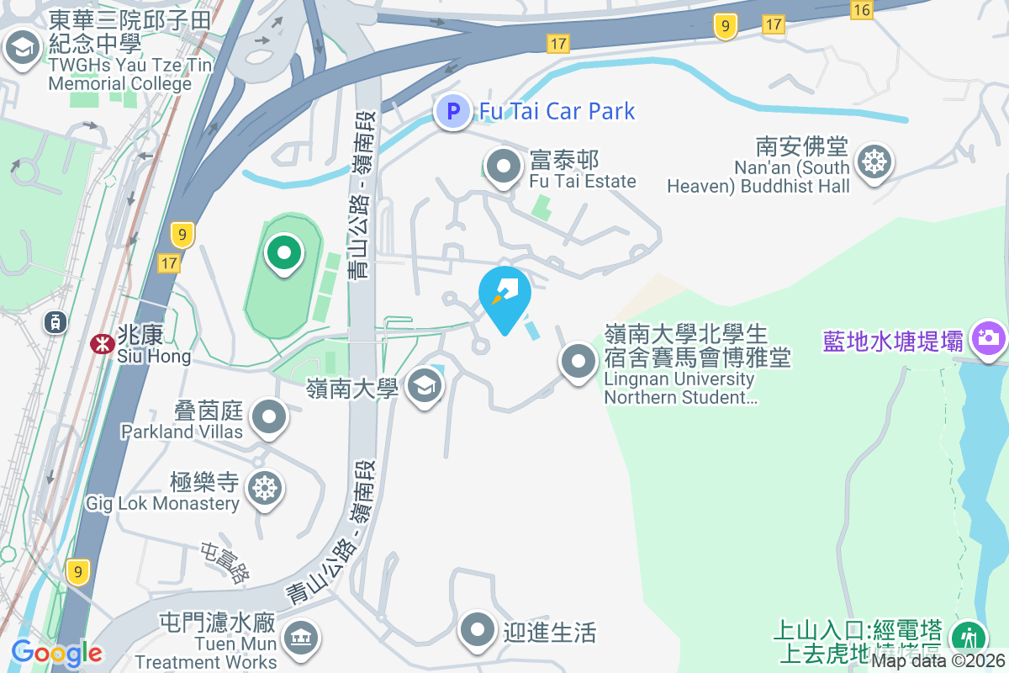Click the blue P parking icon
[453, 111]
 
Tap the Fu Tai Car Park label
[557, 111]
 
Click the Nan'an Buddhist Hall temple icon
[874, 162]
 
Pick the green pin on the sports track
[284, 252]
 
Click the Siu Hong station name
[156, 356]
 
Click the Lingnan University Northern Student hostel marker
[578, 362]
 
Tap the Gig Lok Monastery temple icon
[264, 488]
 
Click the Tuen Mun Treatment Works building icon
[300, 638]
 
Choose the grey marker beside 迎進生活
[478, 630]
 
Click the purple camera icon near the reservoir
[988, 339]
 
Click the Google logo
[57, 653]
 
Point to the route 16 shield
[861, 9]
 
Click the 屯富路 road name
[225, 564]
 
